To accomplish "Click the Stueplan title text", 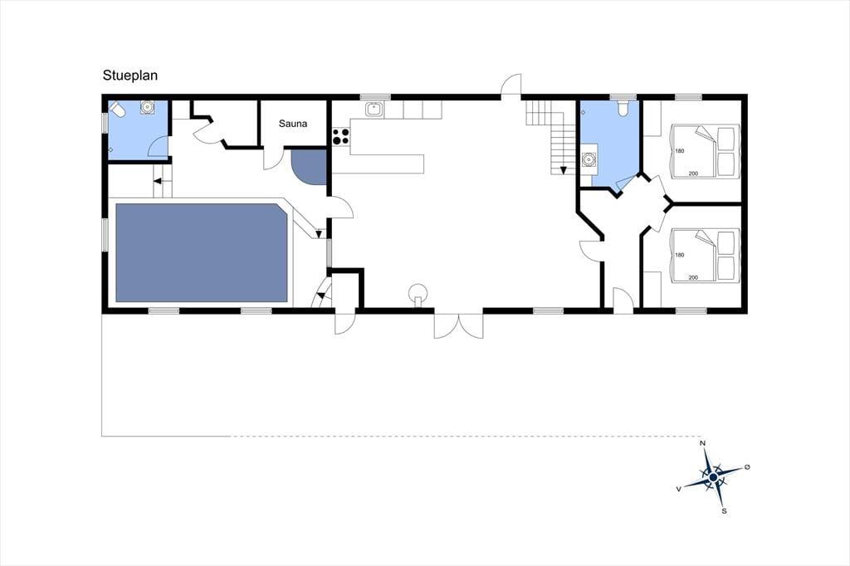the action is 130,76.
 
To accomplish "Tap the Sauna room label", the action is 293,124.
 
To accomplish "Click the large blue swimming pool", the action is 201,252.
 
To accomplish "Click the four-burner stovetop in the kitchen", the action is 340,136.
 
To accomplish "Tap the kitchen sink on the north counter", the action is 374,109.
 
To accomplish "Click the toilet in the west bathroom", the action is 118,110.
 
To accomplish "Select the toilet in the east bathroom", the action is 623,109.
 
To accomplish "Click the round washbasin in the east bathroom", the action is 589,159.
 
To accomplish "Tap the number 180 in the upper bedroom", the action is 680,151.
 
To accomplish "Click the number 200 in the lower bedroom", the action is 693,277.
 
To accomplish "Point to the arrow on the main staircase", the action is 564,170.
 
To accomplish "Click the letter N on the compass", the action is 703,443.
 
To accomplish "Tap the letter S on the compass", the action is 723,510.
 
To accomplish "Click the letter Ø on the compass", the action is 747,466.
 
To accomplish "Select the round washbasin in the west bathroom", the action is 146,107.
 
